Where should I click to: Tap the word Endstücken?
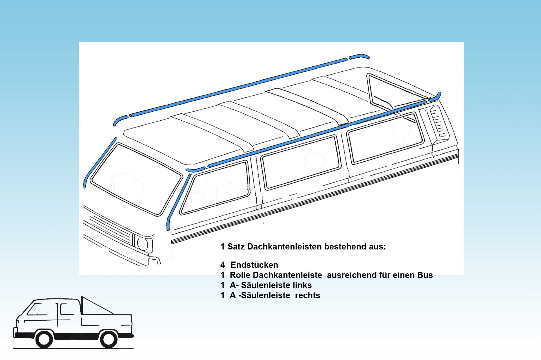(x=254, y=265)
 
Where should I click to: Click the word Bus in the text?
(x=425, y=275)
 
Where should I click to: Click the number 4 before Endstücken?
(x=223, y=265)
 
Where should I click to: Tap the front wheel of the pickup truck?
(x=44, y=339)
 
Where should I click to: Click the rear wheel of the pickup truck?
(x=108, y=339)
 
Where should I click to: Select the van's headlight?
(x=143, y=244)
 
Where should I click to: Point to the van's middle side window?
(x=301, y=162)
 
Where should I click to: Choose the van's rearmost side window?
(x=385, y=138)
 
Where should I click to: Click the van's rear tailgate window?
(x=394, y=91)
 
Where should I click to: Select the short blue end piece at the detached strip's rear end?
(x=359, y=56)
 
